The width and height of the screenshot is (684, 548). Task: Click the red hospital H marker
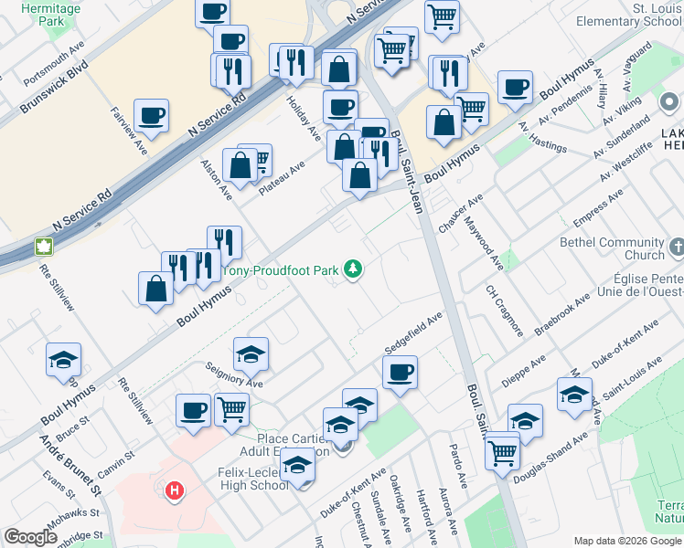(174, 492)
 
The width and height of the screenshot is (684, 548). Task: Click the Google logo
(30, 537)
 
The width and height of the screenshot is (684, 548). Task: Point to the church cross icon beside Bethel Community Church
(677, 248)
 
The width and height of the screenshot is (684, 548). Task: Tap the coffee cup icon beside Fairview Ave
(151, 115)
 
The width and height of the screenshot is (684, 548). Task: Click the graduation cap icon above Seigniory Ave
(251, 353)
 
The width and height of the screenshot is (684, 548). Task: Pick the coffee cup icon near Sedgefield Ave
(400, 372)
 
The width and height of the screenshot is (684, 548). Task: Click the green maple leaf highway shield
(42, 246)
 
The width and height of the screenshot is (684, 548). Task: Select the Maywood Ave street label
(484, 243)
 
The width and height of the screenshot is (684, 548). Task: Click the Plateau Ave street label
(281, 178)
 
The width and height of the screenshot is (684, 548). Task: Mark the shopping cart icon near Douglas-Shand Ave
(502, 451)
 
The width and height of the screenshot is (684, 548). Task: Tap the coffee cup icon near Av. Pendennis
(515, 87)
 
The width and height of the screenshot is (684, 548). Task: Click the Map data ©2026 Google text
(626, 541)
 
